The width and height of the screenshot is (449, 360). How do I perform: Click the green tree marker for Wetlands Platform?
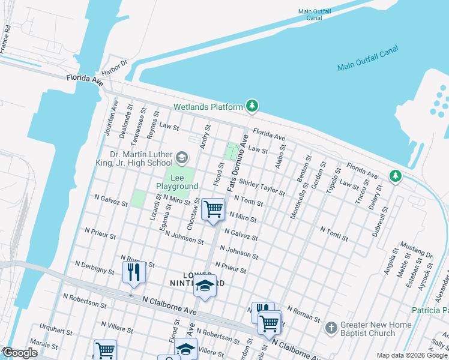(253, 107)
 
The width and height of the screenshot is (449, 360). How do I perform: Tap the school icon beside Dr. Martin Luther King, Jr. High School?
(182, 158)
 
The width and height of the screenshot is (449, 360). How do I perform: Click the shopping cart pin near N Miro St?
(213, 209)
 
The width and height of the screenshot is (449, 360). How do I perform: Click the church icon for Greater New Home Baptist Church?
(331, 328)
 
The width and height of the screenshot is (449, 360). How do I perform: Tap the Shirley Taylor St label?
(262, 186)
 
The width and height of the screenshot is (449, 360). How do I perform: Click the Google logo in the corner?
(19, 353)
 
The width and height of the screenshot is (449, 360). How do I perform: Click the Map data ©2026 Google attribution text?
(412, 355)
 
